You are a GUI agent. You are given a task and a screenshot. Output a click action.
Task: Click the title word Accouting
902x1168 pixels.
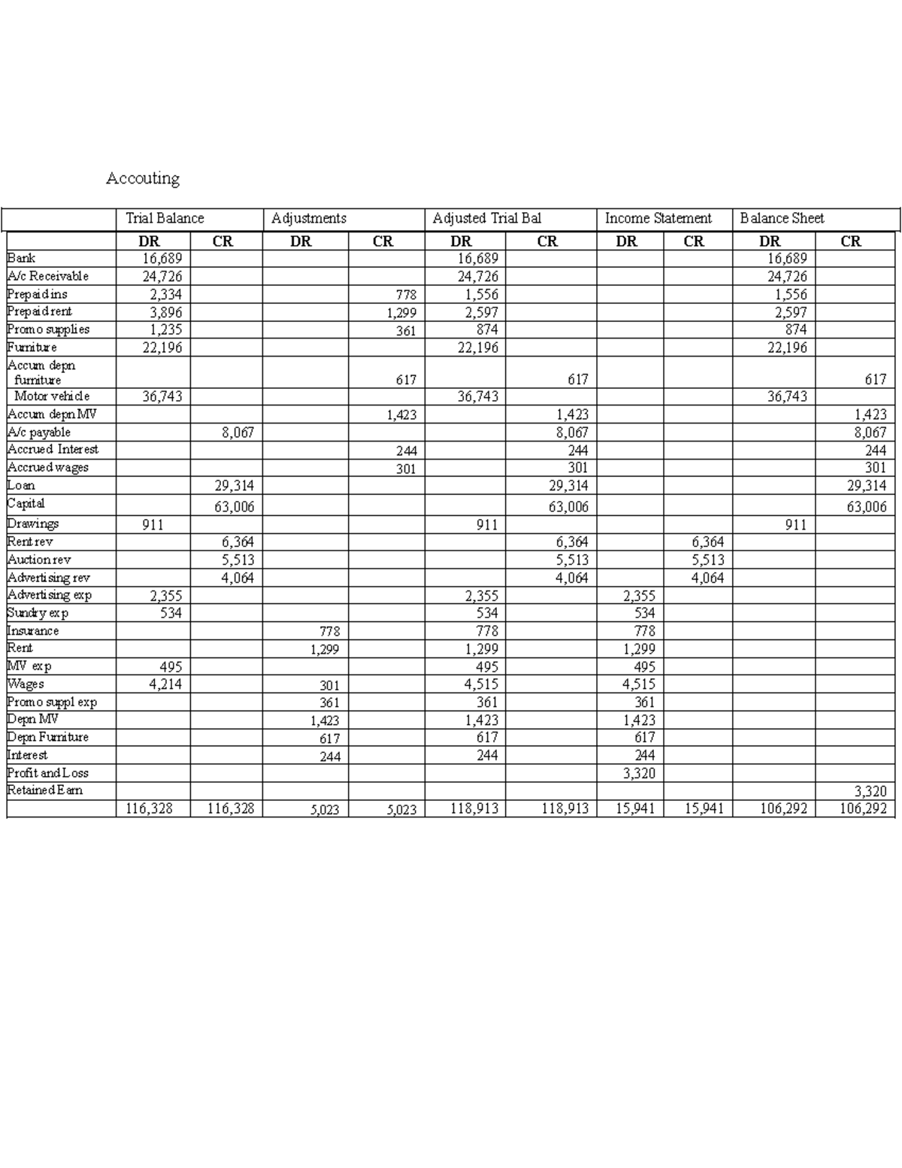tap(143, 178)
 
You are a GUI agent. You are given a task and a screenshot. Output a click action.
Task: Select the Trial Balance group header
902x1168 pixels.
tap(165, 218)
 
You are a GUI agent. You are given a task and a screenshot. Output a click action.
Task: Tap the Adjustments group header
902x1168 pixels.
tap(309, 218)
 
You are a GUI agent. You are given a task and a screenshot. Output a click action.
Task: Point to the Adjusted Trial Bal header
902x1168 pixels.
tap(486, 218)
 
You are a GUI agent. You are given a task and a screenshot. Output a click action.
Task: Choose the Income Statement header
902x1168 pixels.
tap(658, 218)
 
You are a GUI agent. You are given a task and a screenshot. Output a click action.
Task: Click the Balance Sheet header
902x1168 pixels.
tap(782, 218)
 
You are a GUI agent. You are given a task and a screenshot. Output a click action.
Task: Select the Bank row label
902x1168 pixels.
tap(21, 258)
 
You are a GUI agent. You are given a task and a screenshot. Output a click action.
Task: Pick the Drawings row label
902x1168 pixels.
tap(32, 523)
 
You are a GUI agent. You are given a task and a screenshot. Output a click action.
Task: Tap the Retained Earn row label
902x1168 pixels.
tap(44, 790)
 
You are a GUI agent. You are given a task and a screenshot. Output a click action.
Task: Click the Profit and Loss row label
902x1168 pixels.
tap(47, 772)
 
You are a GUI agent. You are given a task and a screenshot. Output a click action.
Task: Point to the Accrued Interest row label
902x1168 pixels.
tap(53, 449)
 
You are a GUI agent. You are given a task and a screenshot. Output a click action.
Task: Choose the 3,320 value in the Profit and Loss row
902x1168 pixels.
tap(639, 773)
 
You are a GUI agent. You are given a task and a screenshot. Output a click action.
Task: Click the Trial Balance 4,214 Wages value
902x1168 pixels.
tap(165, 684)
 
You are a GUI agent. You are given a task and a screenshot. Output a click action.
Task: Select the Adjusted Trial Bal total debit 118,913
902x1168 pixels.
tap(474, 808)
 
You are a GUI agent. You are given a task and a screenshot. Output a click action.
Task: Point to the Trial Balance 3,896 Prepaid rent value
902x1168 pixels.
tap(165, 312)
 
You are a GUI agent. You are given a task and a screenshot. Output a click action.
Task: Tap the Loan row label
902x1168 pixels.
tap(20, 485)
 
